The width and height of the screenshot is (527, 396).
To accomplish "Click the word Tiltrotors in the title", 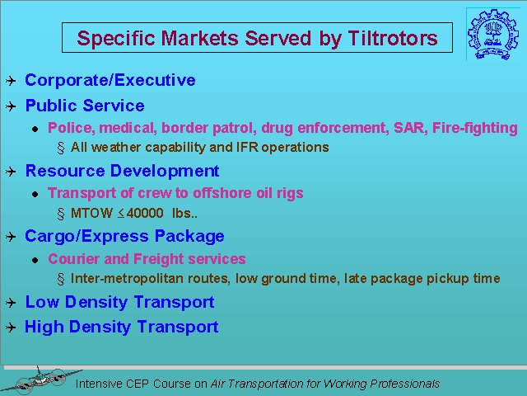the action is [393, 38].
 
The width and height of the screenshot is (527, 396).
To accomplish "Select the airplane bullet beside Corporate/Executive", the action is [11, 81].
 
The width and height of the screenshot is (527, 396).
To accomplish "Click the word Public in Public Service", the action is [52, 106].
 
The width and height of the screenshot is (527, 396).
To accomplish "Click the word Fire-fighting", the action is [475, 129].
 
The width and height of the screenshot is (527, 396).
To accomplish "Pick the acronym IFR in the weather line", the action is [247, 148].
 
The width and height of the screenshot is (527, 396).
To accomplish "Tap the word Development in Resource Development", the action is [165, 172].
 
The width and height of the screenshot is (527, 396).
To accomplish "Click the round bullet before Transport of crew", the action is [35, 195].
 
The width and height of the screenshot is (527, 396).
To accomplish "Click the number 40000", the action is [145, 213].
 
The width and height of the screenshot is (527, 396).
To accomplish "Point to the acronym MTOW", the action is [91, 213].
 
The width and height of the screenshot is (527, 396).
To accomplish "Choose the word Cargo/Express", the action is [86, 237].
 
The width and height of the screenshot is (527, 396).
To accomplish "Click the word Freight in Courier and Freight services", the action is [159, 259].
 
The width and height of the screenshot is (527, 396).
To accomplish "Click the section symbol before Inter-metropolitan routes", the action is [61, 279].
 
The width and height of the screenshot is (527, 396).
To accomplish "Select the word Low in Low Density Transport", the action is [42, 302].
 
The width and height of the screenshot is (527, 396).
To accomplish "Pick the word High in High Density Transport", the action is [44, 328].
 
